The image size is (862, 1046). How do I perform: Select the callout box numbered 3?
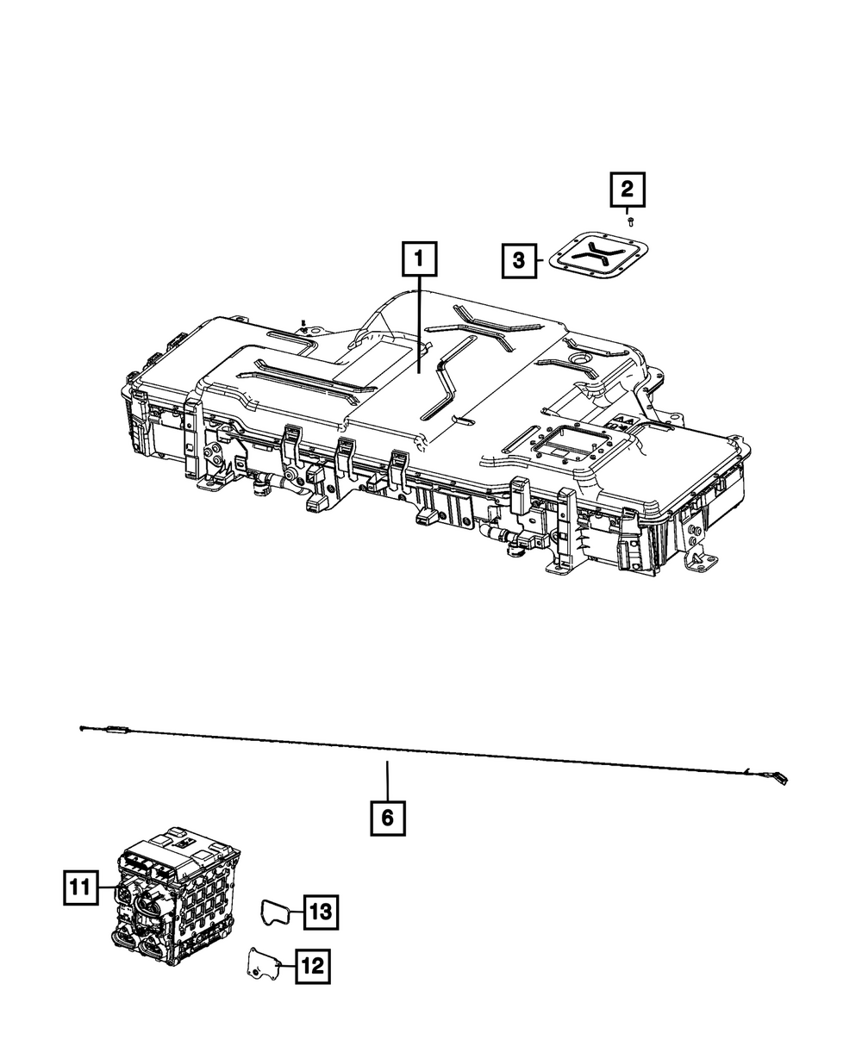[518, 259]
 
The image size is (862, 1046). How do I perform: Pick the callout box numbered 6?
[387, 817]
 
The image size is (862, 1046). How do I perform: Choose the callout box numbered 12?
[312, 967]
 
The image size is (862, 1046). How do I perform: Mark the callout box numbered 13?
[321, 912]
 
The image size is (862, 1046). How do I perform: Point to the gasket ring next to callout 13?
[275, 911]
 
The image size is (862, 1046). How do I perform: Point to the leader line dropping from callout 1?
[419, 327]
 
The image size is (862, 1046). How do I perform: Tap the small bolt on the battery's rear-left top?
[303, 324]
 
